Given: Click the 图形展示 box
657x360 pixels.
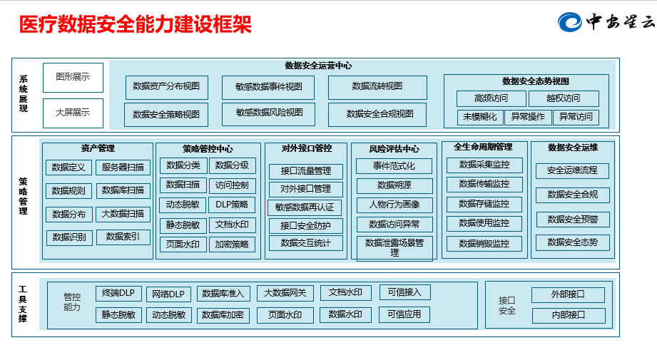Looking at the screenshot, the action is pos(73,78).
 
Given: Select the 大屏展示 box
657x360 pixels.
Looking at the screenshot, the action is pos(73,113).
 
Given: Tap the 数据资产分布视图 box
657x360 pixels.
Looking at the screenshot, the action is pos(167,87).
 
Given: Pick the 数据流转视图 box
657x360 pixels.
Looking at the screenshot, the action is pos(377,87).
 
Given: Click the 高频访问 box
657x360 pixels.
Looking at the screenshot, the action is pos(491,98).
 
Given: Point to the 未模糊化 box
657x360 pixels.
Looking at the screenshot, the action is pos(480,117).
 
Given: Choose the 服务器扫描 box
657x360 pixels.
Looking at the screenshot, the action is pos(123,168).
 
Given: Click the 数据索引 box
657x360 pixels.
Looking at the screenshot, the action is pos(123,237).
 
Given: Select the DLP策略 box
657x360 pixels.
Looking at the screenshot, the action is pos(232,205).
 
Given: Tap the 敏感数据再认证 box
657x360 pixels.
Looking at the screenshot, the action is pos(305,207).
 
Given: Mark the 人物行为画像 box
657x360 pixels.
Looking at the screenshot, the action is pos(394,205).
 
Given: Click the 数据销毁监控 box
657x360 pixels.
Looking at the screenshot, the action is pos(484,244).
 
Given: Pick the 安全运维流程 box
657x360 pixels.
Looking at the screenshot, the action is pos(572,171).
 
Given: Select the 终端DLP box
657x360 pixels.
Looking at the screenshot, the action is pos(118,294).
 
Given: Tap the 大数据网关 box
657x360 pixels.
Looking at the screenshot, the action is pos(285,293).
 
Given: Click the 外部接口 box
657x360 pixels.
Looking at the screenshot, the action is pos(568,294).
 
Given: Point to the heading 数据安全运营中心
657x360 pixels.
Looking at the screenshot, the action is pos(318,66).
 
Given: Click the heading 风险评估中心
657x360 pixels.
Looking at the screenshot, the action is pos(394,149).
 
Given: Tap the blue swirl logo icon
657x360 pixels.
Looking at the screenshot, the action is pos(570,22).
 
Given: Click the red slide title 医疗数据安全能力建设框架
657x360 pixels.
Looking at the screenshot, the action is pos(136,24).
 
